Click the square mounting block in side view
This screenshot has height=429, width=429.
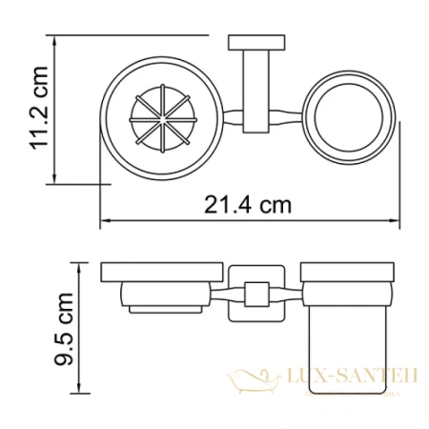pyautogui.click(x=254, y=292)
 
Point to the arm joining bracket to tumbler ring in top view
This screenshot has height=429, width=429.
pyautogui.click(x=292, y=122)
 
